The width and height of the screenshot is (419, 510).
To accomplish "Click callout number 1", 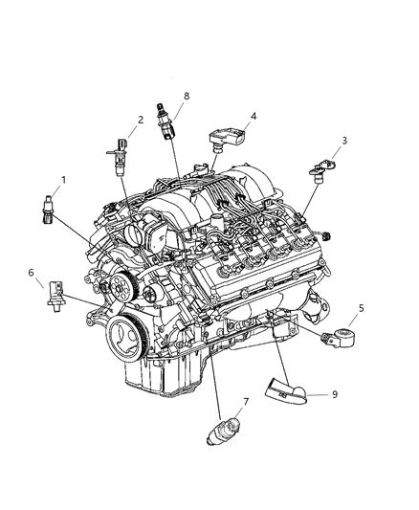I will point(64,179).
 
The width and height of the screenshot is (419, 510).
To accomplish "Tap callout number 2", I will point(140,120).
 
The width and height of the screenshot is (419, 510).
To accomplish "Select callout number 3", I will point(343,141).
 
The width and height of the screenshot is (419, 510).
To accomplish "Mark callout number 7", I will point(219,403).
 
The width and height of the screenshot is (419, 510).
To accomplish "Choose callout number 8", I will point(186,97).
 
